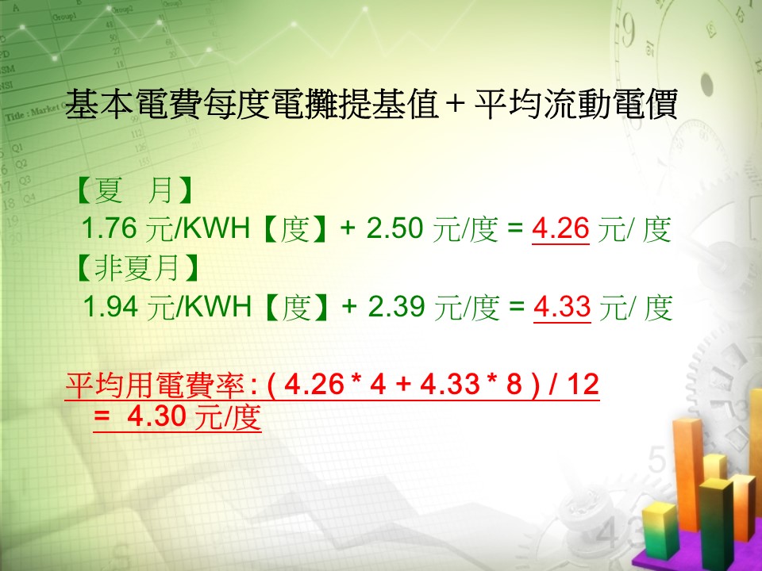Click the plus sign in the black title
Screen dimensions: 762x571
tap(455, 103)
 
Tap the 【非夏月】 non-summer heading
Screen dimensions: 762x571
tap(137, 267)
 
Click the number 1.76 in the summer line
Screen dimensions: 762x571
tap(110, 228)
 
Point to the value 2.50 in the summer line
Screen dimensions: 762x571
tap(394, 228)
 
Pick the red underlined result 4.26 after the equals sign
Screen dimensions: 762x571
tap(560, 228)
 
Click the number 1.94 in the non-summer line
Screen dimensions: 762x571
tap(111, 306)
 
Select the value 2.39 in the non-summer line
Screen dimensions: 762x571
tap(396, 306)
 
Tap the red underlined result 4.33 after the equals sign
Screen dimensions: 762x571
tap(562, 306)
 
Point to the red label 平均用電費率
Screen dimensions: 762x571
tap(155, 385)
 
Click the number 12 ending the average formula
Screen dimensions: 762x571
tap(582, 384)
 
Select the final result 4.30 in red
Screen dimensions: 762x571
tap(156, 416)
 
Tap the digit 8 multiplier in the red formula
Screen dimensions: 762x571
tap(514, 384)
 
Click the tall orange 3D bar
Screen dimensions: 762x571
tap(687, 473)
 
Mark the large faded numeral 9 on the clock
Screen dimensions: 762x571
tap(629, 30)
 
